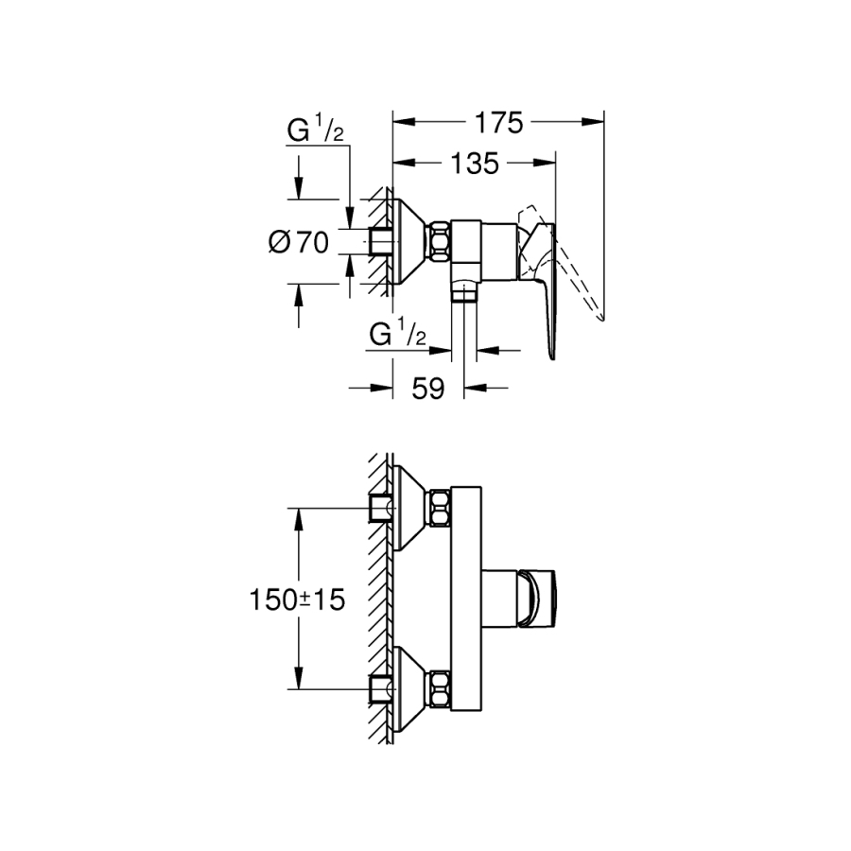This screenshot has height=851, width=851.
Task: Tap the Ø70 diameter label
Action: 299,243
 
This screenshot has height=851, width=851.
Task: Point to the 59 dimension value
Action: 428,389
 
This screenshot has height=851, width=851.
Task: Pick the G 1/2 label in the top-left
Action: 314,133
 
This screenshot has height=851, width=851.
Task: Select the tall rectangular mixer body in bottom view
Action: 469,598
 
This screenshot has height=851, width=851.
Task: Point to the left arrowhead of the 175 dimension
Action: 398,121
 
